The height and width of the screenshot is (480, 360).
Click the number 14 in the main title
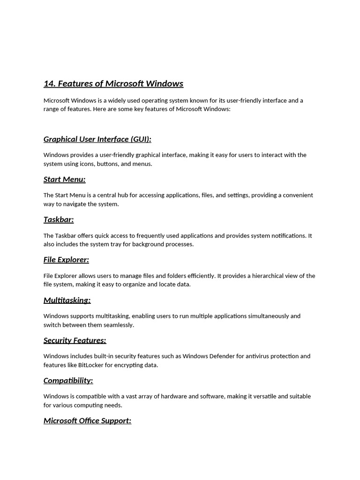(x=49, y=83)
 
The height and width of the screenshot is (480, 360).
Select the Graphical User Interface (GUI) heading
(x=97, y=139)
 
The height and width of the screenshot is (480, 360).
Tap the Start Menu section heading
(x=64, y=180)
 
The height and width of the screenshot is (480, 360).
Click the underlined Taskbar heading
(x=59, y=219)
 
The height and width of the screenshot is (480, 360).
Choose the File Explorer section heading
(x=66, y=260)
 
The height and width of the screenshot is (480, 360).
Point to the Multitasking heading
(x=67, y=300)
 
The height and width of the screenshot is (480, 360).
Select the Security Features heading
(x=75, y=340)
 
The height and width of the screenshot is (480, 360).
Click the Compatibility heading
(x=68, y=381)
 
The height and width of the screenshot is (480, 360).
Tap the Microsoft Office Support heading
(x=87, y=421)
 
